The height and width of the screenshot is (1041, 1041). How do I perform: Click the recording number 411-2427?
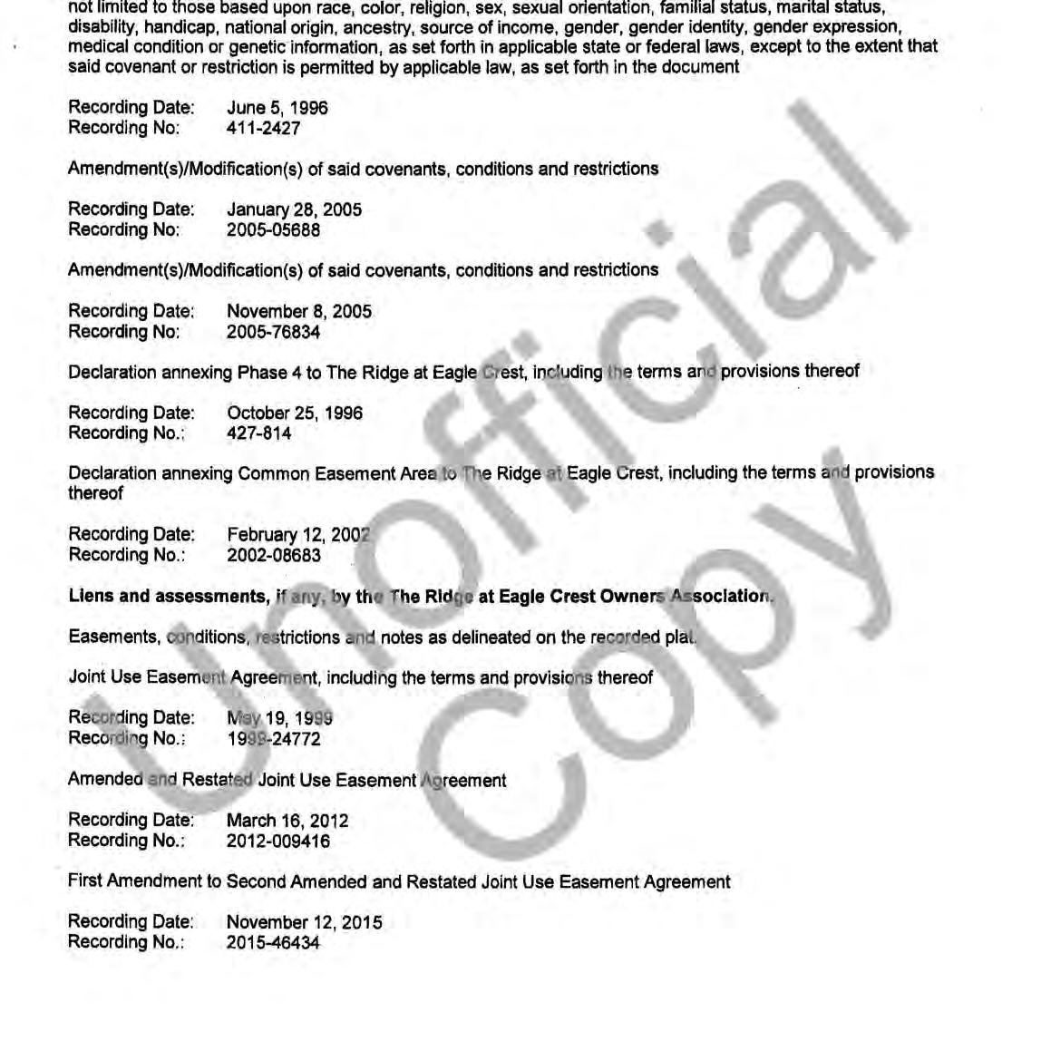pyautogui.click(x=263, y=129)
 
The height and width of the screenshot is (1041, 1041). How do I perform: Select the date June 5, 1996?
pyautogui.click(x=277, y=108)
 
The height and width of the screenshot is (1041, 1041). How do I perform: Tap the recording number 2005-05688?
pyautogui.click(x=273, y=230)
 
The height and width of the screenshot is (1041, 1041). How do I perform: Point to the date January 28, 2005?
pyautogui.click(x=294, y=209)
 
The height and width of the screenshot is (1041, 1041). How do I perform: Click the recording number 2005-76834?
pyautogui.click(x=273, y=332)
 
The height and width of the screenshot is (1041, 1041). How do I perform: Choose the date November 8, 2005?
pyautogui.click(x=299, y=312)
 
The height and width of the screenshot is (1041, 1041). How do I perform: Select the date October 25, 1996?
pyautogui.click(x=295, y=413)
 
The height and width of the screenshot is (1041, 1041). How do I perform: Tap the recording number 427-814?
pyautogui.click(x=259, y=433)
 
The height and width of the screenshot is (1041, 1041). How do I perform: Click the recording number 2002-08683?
pyautogui.click(x=273, y=555)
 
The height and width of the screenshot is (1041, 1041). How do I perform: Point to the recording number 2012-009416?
pyautogui.click(x=278, y=842)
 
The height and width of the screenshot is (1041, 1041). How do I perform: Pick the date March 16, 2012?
pyautogui.click(x=287, y=821)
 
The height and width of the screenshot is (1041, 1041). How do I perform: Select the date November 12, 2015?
pyautogui.click(x=305, y=922)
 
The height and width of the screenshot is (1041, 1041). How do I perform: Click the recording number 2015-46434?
pyautogui.click(x=273, y=943)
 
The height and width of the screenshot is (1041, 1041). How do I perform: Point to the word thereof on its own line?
pyautogui.click(x=95, y=493)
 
